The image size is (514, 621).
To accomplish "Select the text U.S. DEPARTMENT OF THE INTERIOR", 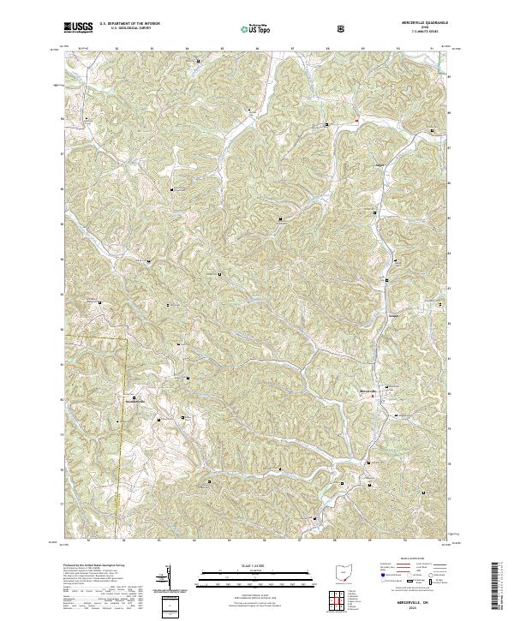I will (x=129, y=24).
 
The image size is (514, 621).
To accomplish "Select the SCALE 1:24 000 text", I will (x=244, y=566).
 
